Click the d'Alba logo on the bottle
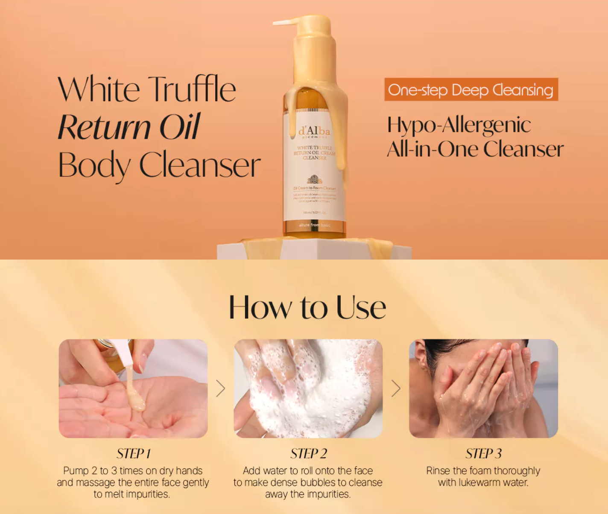(314, 130)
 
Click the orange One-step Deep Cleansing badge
(471, 90)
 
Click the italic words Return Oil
(129, 127)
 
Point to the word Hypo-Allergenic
(459, 125)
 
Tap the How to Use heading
(307, 307)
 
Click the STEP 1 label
(133, 453)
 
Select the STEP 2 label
(308, 453)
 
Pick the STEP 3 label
(483, 453)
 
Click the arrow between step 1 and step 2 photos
(220, 388)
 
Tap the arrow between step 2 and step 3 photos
(396, 388)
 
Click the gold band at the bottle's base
(314, 225)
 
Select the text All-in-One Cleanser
(475, 149)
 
